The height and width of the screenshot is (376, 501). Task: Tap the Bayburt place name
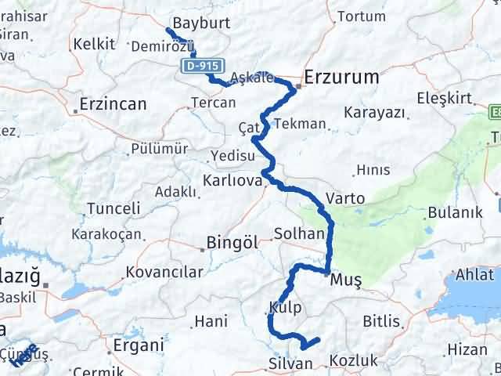click(x=201, y=23)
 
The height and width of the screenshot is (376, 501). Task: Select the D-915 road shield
click(x=202, y=67)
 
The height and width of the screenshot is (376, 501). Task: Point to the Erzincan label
click(x=114, y=103)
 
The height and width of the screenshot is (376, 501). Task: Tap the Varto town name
click(x=346, y=199)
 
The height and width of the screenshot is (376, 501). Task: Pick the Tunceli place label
click(x=114, y=209)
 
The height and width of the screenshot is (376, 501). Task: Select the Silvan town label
click(x=290, y=363)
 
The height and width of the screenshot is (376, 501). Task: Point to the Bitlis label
click(x=381, y=322)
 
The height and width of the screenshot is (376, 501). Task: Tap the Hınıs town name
click(x=373, y=169)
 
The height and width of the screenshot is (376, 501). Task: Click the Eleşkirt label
click(x=443, y=99)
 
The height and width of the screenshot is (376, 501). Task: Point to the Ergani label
click(x=139, y=345)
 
